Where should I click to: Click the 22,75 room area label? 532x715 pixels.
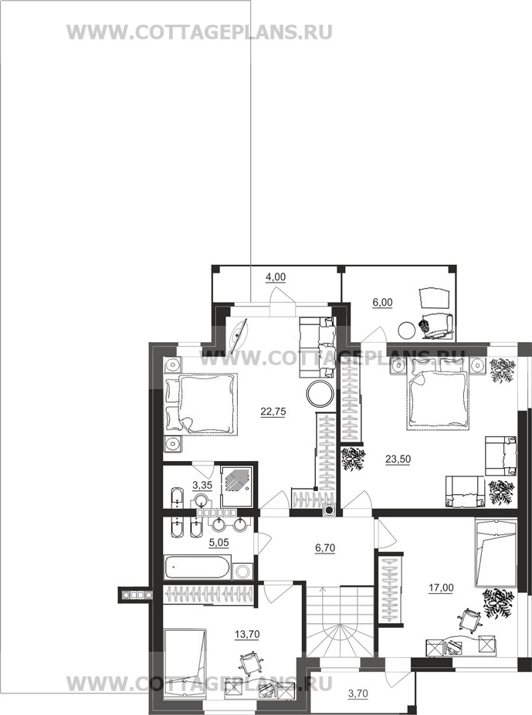273,412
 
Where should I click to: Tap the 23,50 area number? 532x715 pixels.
398,459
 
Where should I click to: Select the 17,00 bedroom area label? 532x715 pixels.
441,588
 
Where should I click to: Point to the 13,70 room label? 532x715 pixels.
247,634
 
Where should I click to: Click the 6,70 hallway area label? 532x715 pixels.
325,548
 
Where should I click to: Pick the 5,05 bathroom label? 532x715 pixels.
219,543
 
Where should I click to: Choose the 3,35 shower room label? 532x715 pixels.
202,485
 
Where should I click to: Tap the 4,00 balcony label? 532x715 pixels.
276,277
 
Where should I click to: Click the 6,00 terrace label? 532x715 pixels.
382,303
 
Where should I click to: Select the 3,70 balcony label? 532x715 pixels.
357,694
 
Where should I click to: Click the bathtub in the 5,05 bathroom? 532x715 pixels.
197,568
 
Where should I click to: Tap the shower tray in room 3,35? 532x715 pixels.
236,486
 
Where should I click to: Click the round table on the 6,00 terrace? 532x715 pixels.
406,330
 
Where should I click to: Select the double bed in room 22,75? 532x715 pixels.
201,403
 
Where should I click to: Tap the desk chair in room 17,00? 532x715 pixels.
469,620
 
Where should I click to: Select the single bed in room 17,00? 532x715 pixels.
495,553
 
